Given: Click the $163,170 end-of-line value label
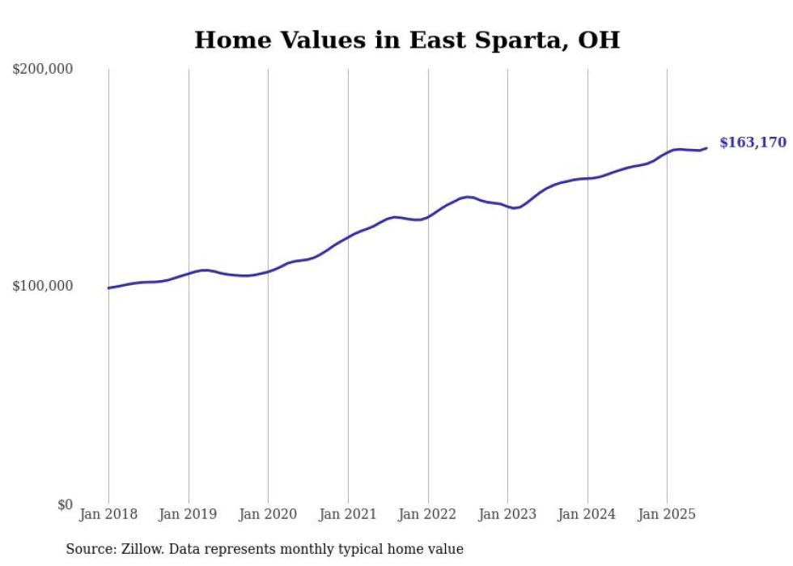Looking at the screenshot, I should coord(753,143).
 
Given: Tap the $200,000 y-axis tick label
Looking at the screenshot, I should coord(43,70).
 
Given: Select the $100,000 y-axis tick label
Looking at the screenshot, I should coord(43,286).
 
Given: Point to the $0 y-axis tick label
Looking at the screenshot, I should coord(64,505).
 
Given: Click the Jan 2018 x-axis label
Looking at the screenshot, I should coord(108,514).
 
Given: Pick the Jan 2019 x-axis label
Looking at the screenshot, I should coord(189,514).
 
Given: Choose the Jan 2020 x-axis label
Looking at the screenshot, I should coord(268,514).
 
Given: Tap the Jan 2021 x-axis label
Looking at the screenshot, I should coord(348,514).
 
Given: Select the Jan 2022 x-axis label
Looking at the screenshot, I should coord(428,514).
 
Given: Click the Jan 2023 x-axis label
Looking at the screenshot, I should coord(507,514).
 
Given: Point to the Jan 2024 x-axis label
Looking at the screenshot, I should coord(587,514).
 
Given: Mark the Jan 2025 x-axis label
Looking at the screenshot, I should coord(667,514).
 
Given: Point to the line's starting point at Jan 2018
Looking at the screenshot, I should coord(108,287).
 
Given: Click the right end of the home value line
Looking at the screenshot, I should coord(706,147).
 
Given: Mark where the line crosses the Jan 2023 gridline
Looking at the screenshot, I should coord(507,206).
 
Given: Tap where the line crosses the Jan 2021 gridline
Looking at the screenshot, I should coord(348,236).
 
